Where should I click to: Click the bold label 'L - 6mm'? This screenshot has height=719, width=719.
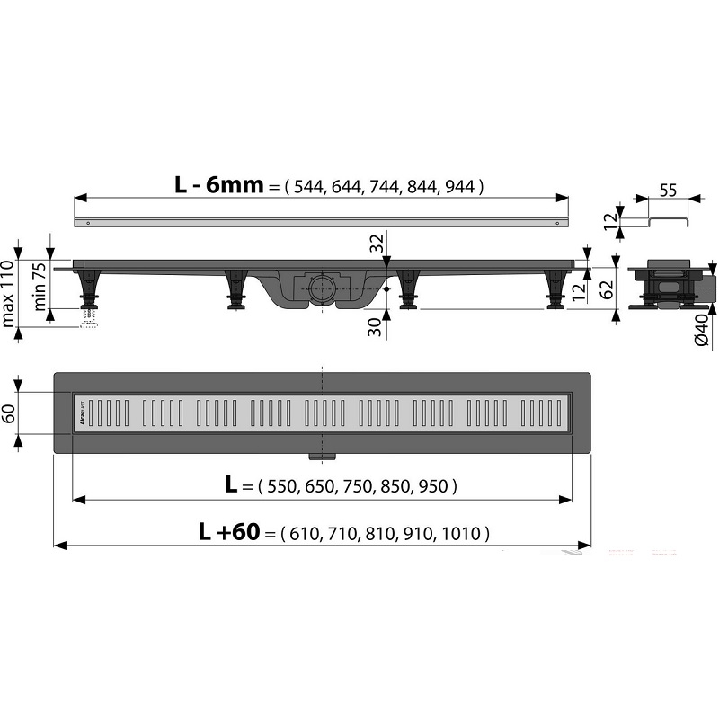(x=219, y=185)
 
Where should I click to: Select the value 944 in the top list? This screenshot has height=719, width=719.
(x=460, y=187)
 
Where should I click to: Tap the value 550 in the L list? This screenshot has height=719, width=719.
(x=282, y=486)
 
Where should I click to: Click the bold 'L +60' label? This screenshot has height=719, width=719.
(x=229, y=531)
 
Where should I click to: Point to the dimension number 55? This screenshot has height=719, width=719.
(x=667, y=190)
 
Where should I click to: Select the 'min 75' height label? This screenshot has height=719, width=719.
(x=40, y=286)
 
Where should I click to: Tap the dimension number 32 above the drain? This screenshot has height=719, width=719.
(x=376, y=244)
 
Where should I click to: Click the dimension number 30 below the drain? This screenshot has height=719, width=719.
(x=375, y=326)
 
